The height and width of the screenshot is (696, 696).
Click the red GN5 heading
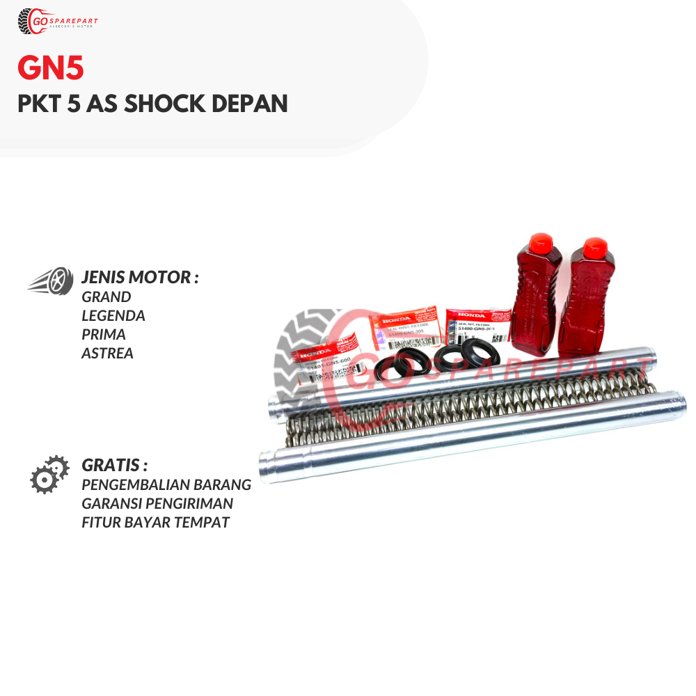pos(51,70)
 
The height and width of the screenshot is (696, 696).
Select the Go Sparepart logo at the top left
pos(58,22)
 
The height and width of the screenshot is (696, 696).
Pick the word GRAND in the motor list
pos(106,296)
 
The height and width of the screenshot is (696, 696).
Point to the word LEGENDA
pos(113,315)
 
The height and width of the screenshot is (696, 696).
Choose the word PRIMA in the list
pos(104,334)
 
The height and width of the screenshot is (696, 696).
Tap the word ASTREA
pos(108,353)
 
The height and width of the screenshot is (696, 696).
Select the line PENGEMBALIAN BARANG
pos(166,484)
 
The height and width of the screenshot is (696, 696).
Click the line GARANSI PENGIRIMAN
pos(157,503)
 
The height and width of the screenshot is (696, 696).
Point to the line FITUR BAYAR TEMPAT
pos(155,522)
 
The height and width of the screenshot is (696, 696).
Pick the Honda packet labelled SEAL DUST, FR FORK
pos(404,330)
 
